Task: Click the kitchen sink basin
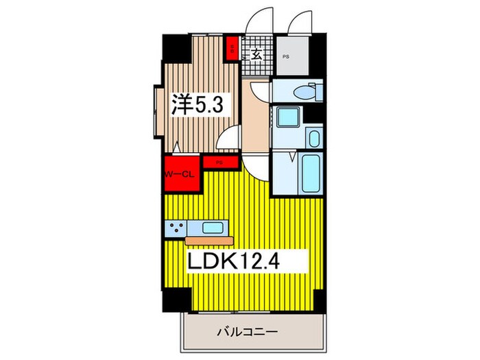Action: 214,228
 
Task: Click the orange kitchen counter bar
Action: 210,240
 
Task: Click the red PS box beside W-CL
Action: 219,163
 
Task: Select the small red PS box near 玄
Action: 233,49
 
